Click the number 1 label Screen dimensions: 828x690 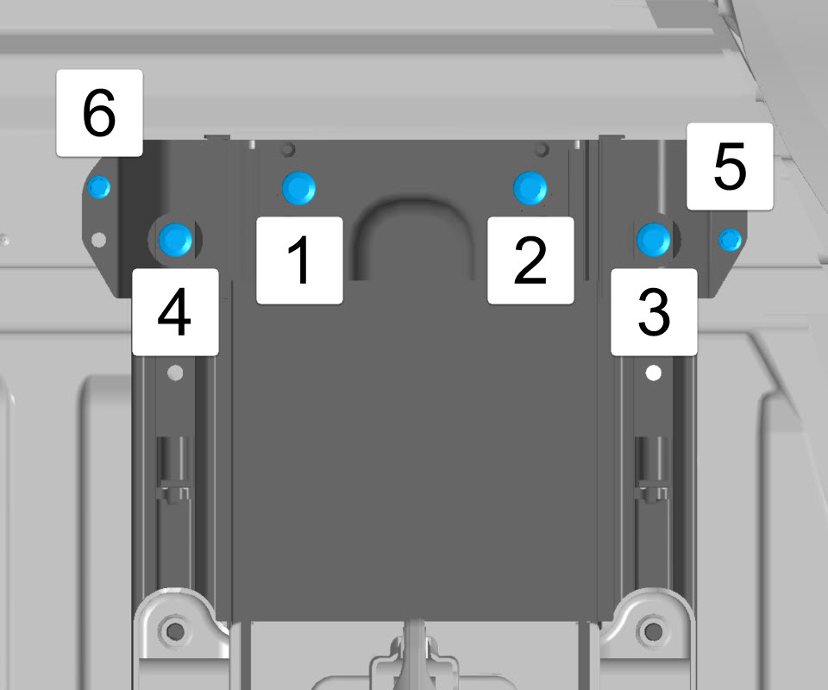click(x=299, y=260)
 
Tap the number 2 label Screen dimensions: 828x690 click(x=530, y=260)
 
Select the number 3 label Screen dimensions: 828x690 click(x=654, y=311)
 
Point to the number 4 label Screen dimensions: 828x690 click(x=175, y=311)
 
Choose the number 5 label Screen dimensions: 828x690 click(x=730, y=166)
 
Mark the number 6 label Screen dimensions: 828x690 click(x=99, y=113)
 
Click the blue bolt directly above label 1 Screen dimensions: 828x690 click(x=299, y=189)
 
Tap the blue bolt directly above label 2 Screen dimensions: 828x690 click(x=530, y=188)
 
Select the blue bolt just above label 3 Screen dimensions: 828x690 click(x=654, y=239)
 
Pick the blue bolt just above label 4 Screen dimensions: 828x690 click(x=175, y=239)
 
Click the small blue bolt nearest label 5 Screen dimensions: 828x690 click(x=731, y=240)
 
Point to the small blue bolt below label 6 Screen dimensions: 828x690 click(x=98, y=187)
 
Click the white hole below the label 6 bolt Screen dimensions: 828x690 click(x=98, y=240)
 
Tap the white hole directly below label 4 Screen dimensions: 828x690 click(x=175, y=373)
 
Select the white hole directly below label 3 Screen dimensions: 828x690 click(x=654, y=373)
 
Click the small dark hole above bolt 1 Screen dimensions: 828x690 click(x=288, y=150)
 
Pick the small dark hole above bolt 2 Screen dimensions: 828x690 click(x=542, y=150)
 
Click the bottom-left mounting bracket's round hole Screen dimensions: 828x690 click(x=175, y=630)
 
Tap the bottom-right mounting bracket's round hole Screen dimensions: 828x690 click(x=653, y=630)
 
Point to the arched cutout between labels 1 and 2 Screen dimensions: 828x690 click(x=414, y=207)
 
